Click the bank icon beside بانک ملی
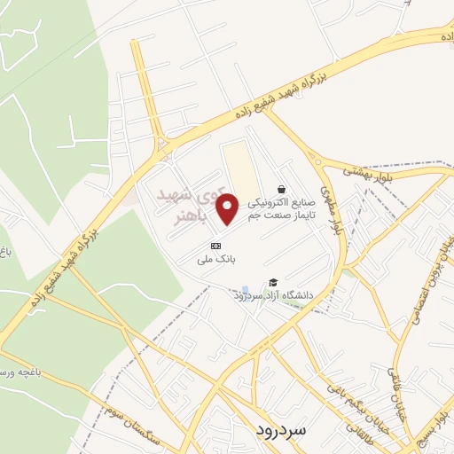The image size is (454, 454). (x=215, y=246)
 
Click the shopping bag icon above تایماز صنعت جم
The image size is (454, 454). (x=281, y=189)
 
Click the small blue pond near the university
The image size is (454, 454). (x=245, y=289)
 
